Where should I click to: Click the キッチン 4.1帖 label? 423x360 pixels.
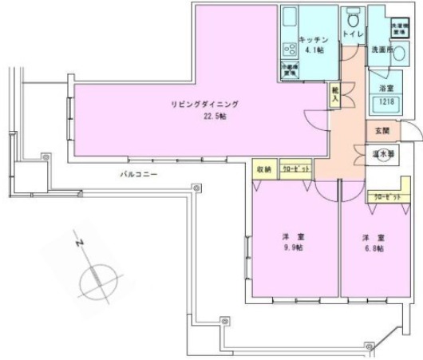pos(311,43)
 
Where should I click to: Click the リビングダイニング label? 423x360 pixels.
pos(205,105)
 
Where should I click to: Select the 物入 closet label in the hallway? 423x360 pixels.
pos(335,94)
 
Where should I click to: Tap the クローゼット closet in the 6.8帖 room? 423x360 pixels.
pos(381,195)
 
